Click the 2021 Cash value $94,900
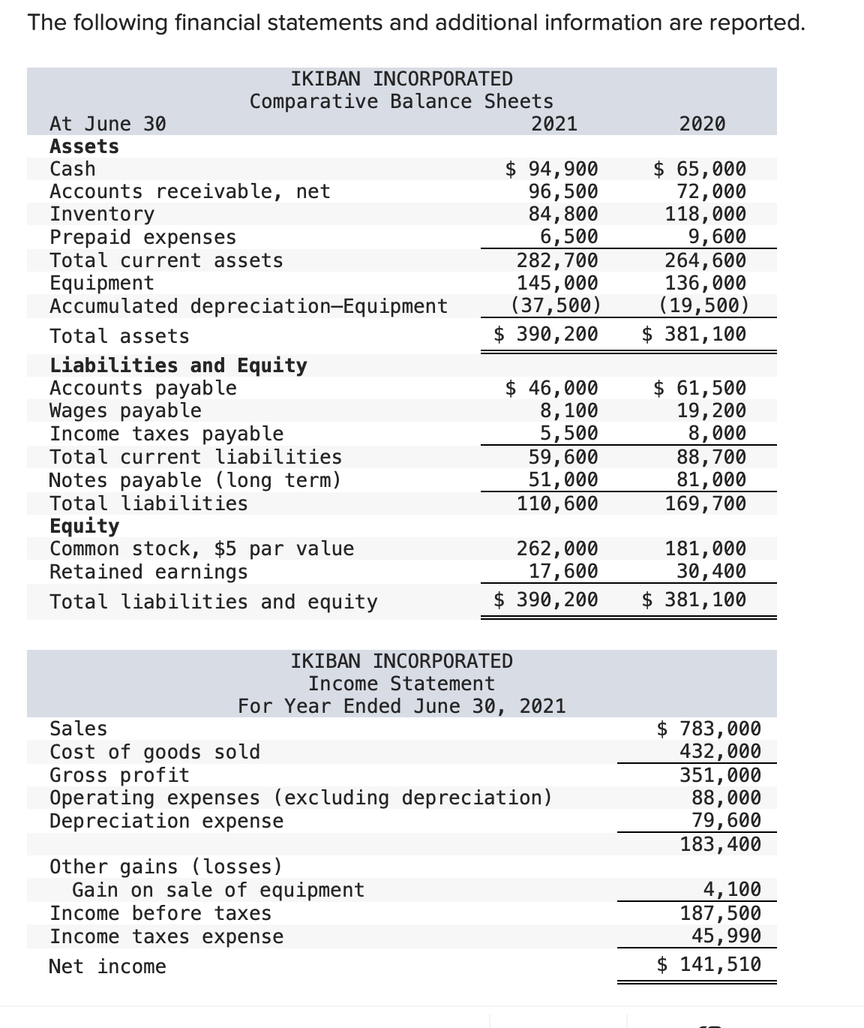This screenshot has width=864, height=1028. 552,169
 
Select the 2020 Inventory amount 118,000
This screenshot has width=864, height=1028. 706,215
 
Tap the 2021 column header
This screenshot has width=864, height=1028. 554,124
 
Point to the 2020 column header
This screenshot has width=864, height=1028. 702,124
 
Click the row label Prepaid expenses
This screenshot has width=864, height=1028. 142,237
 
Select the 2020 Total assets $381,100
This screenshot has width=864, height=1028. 694,334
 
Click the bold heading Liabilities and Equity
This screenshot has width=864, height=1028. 178,365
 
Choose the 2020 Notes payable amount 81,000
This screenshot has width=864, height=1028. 706,479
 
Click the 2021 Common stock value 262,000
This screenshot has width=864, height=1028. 557,549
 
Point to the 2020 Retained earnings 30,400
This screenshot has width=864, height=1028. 711,572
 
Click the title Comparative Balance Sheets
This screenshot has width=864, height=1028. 401,101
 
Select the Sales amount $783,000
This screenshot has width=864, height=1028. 709,729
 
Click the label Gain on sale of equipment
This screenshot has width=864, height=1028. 217,890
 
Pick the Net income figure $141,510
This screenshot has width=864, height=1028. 709,964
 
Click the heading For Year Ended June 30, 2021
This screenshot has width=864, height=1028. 401,706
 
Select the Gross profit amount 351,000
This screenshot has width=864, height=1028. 720,775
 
